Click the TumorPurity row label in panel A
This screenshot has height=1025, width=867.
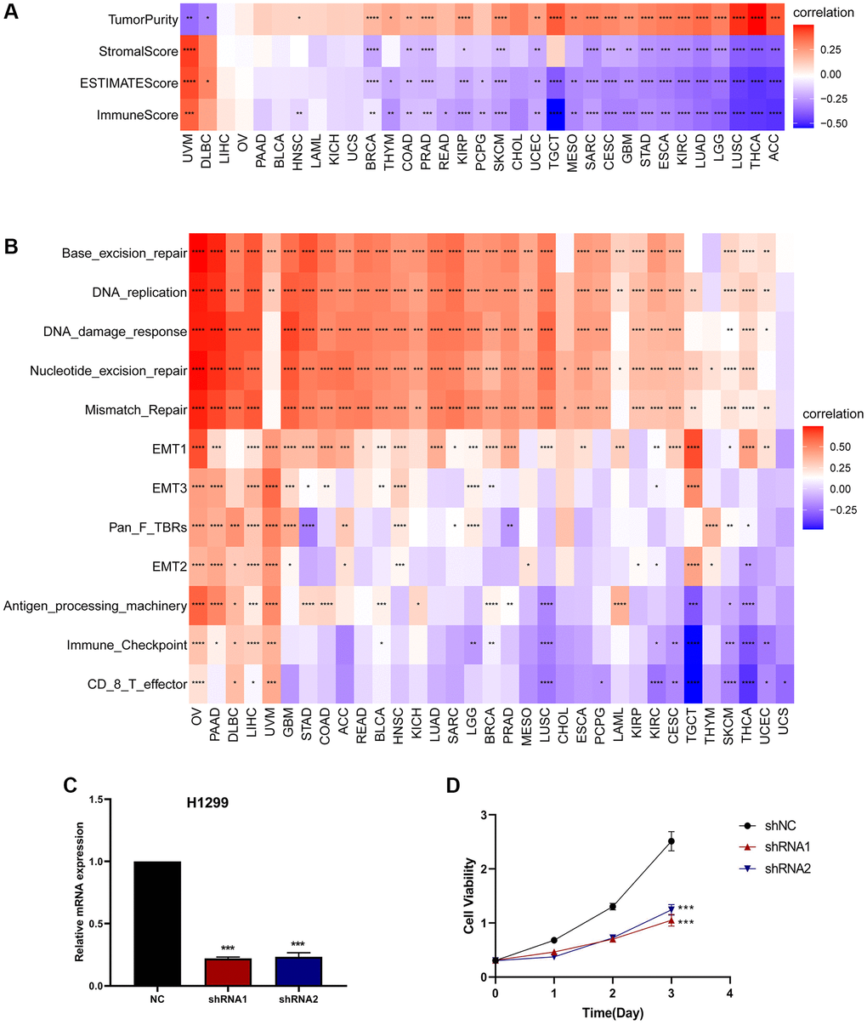tap(143, 19)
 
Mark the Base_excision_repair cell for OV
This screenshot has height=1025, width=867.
tap(197, 253)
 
